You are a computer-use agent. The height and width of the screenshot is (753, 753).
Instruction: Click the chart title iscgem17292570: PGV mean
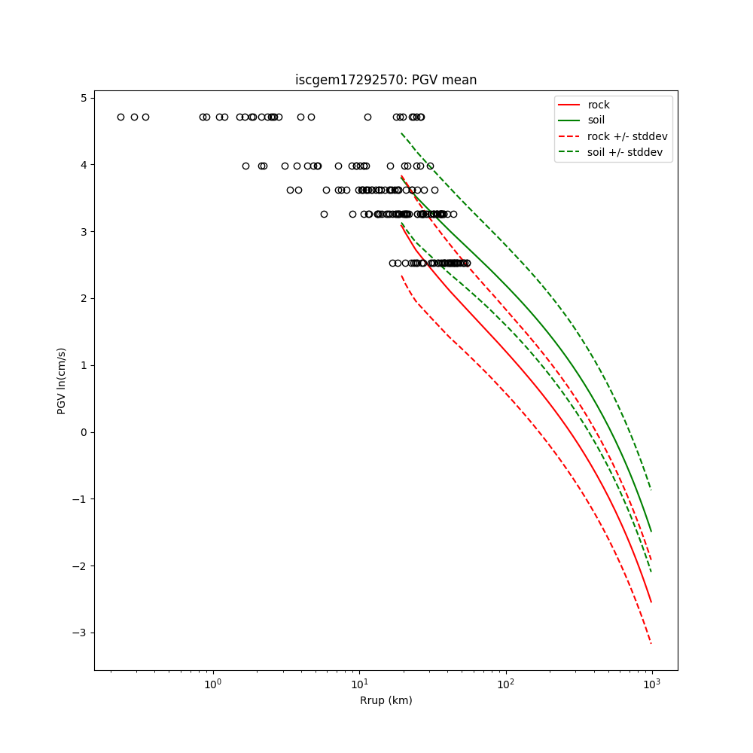click(x=386, y=80)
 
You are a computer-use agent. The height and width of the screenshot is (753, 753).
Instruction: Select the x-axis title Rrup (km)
click(x=386, y=700)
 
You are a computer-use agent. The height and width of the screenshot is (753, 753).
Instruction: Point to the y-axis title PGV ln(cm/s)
click(x=62, y=380)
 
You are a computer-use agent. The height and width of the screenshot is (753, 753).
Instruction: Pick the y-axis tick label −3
click(x=81, y=633)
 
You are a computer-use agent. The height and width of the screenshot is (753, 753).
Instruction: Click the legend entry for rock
click(x=599, y=105)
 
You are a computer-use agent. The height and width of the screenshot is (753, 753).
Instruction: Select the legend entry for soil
click(x=596, y=120)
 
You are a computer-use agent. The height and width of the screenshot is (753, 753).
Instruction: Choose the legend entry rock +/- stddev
click(x=627, y=136)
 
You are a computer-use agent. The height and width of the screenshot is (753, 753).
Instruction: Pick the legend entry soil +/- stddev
click(x=627, y=152)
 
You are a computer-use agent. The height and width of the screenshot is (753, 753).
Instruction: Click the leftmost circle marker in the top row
click(x=120, y=117)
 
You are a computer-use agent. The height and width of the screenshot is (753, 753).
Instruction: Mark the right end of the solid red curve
click(x=651, y=602)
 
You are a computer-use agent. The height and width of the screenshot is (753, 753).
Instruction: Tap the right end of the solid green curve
click(x=651, y=532)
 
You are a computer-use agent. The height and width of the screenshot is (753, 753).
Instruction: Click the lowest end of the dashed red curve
click(x=651, y=644)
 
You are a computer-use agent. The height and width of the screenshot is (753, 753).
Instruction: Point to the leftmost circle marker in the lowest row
click(x=392, y=263)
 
